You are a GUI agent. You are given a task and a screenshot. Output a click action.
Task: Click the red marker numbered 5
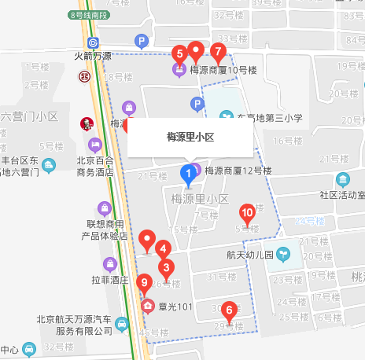[179, 54]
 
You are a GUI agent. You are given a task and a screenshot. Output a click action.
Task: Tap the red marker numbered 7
[218, 51]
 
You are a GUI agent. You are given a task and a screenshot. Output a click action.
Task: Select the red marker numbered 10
[247, 212]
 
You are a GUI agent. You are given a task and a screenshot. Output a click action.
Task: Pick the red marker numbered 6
[229, 310]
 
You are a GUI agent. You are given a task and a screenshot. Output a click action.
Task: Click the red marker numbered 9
[143, 283]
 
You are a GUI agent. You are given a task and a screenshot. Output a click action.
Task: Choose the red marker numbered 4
[163, 250]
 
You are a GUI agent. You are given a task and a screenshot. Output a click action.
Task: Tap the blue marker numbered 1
[189, 172]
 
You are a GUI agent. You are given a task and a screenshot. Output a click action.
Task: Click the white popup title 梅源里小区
[191, 137]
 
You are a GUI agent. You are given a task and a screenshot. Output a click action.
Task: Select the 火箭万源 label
[92, 57]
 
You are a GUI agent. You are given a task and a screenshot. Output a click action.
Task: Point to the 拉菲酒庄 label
[107, 280]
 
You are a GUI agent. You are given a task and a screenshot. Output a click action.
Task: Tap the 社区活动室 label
[342, 194]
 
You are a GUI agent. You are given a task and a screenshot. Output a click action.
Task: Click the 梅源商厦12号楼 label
[238, 170]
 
